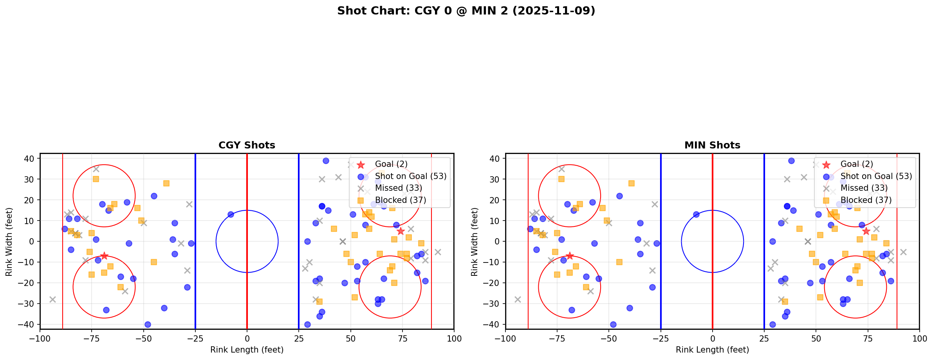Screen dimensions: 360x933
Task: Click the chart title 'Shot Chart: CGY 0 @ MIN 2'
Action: [x=466, y=11]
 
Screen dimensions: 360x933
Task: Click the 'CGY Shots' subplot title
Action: [x=247, y=145]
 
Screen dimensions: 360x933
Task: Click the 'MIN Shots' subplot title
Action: [x=712, y=145]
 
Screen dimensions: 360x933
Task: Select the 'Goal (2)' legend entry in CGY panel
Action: [x=391, y=164]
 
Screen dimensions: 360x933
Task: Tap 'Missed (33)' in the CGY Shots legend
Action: [x=398, y=188]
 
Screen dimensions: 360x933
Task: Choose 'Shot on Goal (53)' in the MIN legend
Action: [x=876, y=176]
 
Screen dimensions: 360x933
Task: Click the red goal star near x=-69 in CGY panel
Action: [x=104, y=256]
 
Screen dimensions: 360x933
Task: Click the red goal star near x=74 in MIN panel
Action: [x=866, y=231]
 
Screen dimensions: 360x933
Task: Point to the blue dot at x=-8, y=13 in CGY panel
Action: [x=231, y=214]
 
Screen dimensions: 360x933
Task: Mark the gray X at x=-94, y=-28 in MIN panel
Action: [x=518, y=299]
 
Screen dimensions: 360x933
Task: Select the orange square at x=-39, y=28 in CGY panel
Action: [x=166, y=183]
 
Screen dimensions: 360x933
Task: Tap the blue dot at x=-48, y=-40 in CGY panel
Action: [x=148, y=324]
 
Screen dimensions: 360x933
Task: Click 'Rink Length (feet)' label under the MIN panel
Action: [x=712, y=350]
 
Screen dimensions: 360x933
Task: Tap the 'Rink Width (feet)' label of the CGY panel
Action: [x=9, y=241]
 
